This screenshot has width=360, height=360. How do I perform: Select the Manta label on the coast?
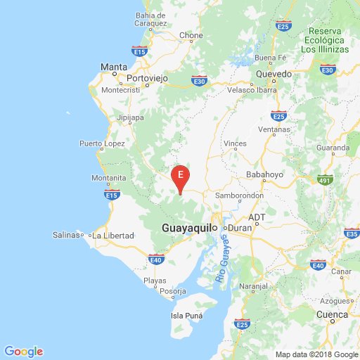pyautogui.click(x=113, y=67)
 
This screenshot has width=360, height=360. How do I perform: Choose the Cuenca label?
pyautogui.click(x=332, y=314)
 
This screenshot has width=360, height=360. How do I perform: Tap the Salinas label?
pyautogui.click(x=65, y=234)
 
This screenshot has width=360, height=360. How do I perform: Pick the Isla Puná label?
pyautogui.click(x=186, y=316)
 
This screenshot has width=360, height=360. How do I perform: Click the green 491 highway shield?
pyautogui.click(x=325, y=179)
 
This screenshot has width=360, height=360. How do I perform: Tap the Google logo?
pyautogui.click(x=23, y=351)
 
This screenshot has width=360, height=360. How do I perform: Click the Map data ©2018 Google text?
pyautogui.click(x=316, y=354)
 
